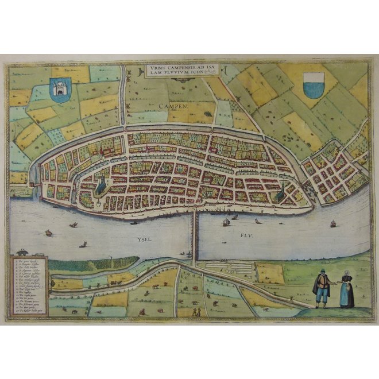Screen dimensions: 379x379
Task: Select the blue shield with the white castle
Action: pyautogui.click(x=60, y=90)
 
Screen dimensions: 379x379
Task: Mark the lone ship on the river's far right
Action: pyautogui.click(x=332, y=223)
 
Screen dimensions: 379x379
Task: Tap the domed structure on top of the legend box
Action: pyautogui.click(x=22, y=252)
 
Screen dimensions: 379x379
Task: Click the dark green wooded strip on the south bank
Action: pyautogui.click(x=86, y=264)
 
